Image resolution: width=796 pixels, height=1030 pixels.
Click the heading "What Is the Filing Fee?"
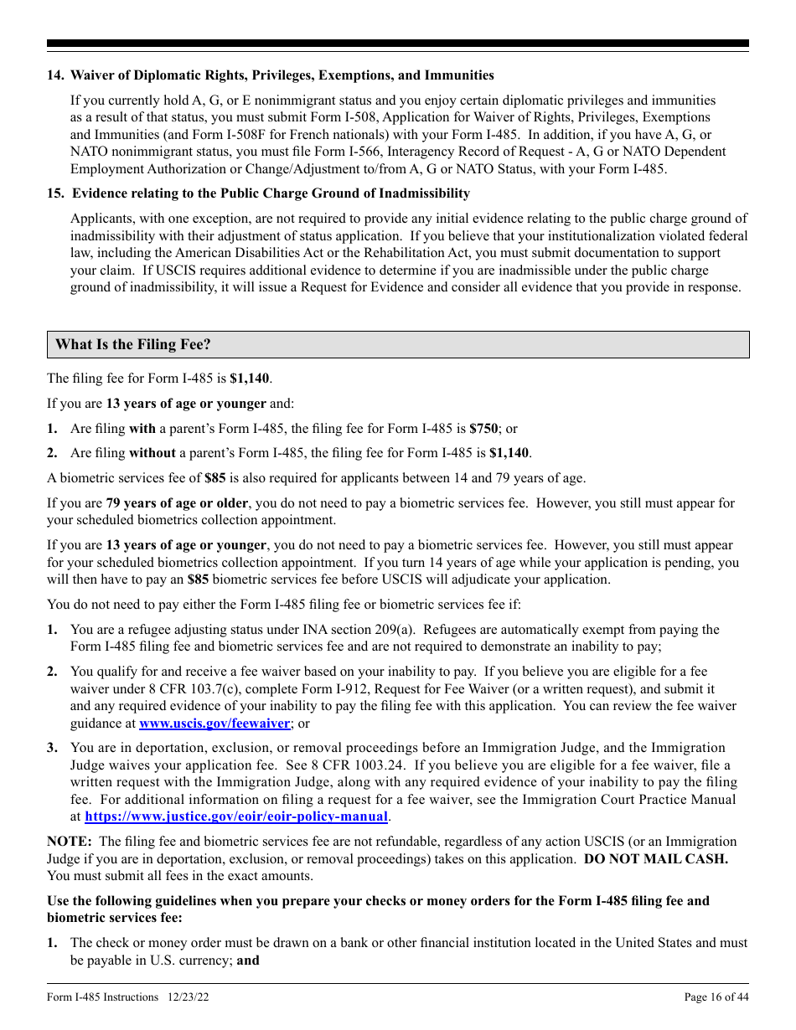pyautogui.click(x=132, y=345)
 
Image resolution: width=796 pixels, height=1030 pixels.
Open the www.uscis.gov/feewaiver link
pyautogui.click(x=215, y=724)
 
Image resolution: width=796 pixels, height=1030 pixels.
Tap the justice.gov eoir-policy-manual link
pyautogui.click(x=236, y=816)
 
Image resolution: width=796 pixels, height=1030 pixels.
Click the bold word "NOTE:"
pyautogui.click(x=70, y=842)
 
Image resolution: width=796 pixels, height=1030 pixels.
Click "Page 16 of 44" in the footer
pyautogui.click(x=716, y=997)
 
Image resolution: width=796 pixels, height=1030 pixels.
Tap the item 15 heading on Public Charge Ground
pyautogui.click(x=270, y=193)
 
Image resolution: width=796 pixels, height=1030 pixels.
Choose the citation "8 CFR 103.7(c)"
pyautogui.click(x=176, y=689)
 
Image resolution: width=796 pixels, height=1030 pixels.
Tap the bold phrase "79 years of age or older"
pyautogui.click(x=177, y=503)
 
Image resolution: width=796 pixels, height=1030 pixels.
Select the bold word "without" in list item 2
pyautogui.click(x=152, y=453)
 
